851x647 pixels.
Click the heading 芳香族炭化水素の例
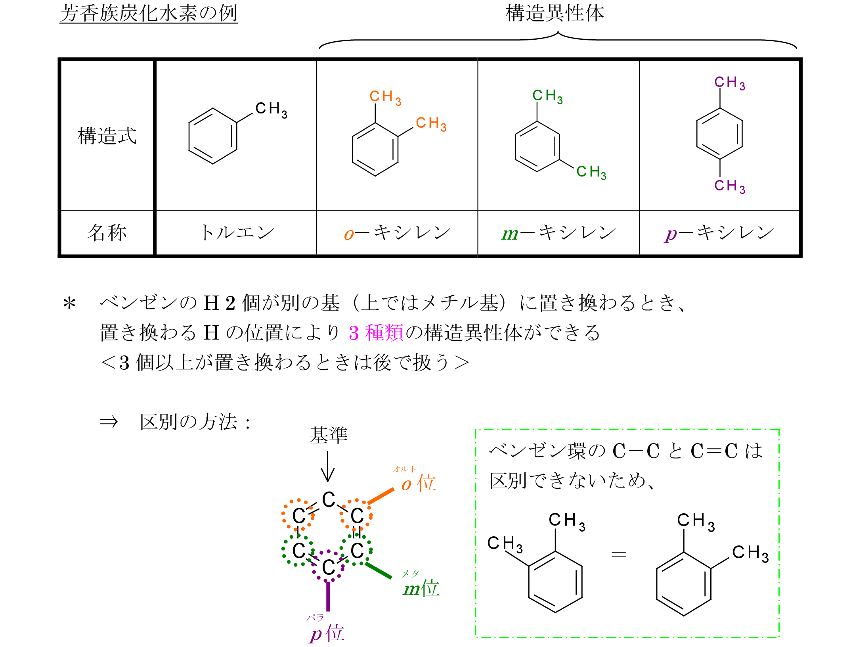[148, 13]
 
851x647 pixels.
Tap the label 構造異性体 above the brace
[555, 13]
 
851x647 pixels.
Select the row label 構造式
[107, 136]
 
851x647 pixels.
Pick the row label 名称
[107, 232]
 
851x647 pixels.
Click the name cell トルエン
[237, 232]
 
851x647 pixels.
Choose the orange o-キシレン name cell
[397, 233]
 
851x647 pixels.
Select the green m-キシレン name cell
[558, 233]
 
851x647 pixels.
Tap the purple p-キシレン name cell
[719, 233]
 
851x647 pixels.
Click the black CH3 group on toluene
[271, 109]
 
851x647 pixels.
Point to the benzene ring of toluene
[213, 136]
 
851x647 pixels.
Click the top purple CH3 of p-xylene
[729, 83]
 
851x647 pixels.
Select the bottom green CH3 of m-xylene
[591, 172]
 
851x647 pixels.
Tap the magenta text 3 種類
[376, 332]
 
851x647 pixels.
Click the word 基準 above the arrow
[328, 435]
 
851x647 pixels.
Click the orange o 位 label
[419, 484]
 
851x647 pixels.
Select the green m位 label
[421, 588]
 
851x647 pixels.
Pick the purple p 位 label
[327, 633]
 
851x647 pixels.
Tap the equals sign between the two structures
[618, 554]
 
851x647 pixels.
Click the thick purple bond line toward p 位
[328, 596]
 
